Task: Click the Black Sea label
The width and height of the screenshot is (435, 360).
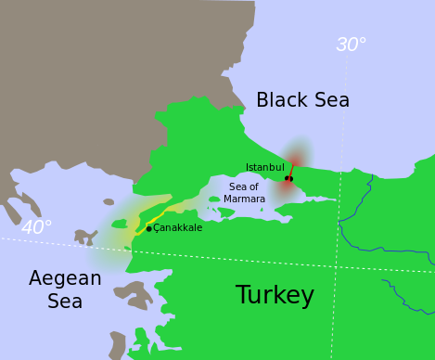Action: coord(302,100)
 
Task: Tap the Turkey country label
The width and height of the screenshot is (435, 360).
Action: coord(275,295)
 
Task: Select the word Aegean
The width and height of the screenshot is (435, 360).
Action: coord(65,278)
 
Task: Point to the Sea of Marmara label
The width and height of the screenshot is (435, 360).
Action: coord(244,193)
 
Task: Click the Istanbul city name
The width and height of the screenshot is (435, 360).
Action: coord(264,168)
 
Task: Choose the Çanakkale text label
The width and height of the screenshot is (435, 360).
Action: coord(177,228)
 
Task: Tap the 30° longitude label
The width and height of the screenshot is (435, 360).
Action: coord(351,45)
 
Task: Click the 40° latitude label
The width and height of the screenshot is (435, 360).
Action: coord(36,227)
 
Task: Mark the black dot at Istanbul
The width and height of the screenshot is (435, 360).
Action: coord(288,178)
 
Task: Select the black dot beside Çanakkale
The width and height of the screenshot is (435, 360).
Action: coord(148,228)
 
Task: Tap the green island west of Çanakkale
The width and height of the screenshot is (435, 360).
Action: coord(119,224)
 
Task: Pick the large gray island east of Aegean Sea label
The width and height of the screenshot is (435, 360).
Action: coord(133,294)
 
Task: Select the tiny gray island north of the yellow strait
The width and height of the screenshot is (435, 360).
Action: coord(109,201)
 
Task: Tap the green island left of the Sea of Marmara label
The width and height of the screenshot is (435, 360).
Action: coord(214,199)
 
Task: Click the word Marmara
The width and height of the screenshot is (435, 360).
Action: coord(245,199)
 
